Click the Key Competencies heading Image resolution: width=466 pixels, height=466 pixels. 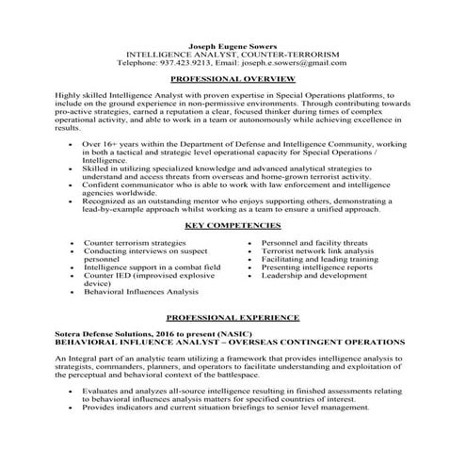click(x=233, y=228)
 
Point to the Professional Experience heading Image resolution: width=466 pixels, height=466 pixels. click(x=233, y=317)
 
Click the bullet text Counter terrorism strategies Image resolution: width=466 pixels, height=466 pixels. click(x=135, y=243)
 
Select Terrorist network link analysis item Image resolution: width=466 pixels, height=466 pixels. click(x=318, y=251)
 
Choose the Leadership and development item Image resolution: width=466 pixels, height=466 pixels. click(x=313, y=276)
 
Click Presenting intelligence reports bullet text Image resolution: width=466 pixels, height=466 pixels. click(x=317, y=267)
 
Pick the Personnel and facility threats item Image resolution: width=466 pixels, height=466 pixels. click(x=316, y=243)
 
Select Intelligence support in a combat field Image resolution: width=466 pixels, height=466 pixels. click(x=152, y=267)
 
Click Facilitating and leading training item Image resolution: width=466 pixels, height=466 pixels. click(x=316, y=260)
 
